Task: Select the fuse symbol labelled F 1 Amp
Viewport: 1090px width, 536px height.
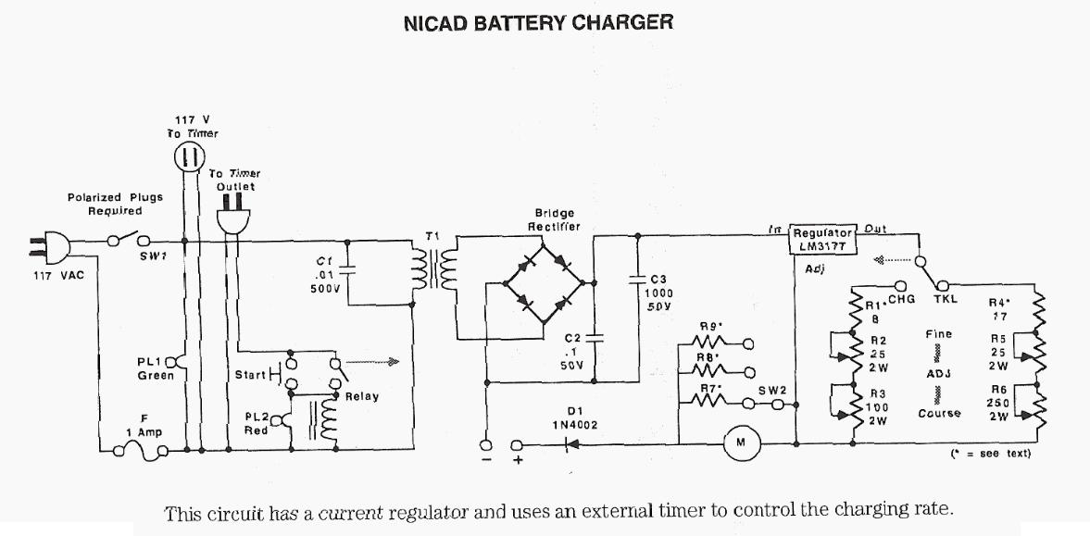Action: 138,451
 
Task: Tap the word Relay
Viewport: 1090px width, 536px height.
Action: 362,396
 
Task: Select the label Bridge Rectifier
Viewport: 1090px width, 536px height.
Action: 554,218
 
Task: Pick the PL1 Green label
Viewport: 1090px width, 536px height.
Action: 155,368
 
